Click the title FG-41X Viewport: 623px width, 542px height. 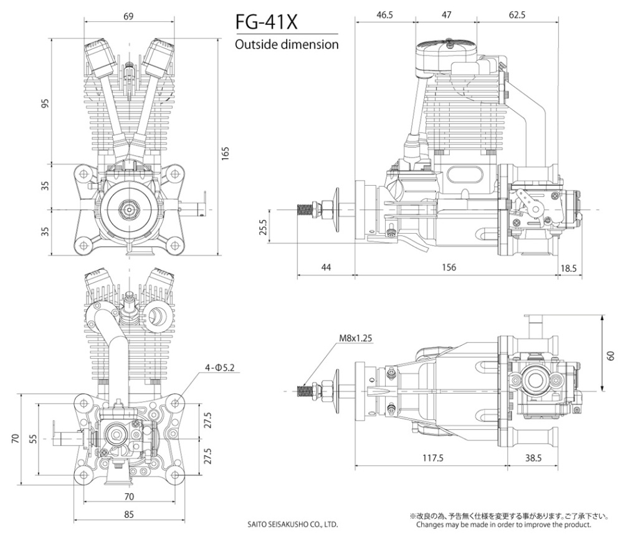click(x=267, y=22)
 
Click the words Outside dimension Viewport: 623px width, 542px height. click(x=287, y=45)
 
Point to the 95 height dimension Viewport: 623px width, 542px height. click(x=44, y=103)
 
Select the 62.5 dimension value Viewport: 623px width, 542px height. click(x=516, y=15)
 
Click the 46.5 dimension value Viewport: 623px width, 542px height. click(x=384, y=15)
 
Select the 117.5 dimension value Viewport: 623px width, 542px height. click(x=432, y=458)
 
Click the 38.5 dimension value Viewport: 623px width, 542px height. click(x=533, y=458)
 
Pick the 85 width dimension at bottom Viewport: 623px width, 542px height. click(x=128, y=515)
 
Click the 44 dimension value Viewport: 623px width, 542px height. click(x=326, y=267)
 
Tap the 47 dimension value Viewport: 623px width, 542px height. click(x=446, y=15)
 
